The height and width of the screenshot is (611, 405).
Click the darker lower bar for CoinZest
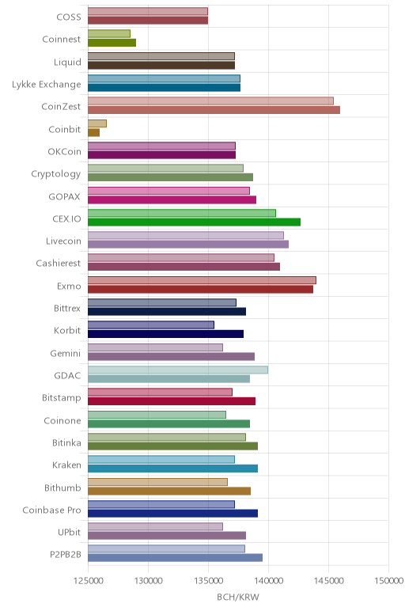point(214,110)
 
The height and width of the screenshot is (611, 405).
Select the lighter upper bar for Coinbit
point(97,123)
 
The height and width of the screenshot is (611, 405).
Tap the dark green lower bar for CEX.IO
point(195,222)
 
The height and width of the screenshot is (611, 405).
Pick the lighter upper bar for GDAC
point(178,370)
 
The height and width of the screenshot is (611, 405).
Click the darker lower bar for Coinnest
point(112,43)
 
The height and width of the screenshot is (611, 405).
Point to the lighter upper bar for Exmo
point(202,280)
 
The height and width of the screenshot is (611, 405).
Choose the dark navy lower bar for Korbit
point(165,334)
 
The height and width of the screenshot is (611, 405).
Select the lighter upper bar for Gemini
point(155,347)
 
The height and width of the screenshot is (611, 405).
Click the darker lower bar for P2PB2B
point(176,558)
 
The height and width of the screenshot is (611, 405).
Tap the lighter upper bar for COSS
point(148,11)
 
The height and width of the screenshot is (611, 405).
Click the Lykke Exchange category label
point(47,85)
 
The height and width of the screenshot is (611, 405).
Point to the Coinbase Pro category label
point(51,510)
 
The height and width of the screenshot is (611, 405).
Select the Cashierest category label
point(59,264)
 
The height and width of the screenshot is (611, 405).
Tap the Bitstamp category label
point(62,398)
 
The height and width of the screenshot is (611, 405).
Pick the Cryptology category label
point(56,174)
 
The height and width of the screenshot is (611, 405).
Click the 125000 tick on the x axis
point(88,581)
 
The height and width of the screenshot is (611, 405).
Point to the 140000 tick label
point(268,581)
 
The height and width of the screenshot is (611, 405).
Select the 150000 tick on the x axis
point(388,581)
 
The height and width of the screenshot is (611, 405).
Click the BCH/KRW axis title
point(238,597)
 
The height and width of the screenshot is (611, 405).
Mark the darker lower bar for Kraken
point(173,469)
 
